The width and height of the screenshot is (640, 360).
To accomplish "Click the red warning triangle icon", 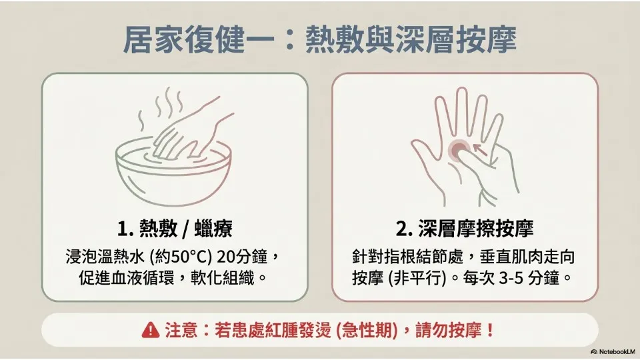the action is click(150, 330).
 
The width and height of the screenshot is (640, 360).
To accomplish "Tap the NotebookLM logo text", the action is click(613, 351).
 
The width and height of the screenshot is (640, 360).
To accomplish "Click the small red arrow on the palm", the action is click(481, 149).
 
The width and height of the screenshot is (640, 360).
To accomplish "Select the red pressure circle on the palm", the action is click(459, 150).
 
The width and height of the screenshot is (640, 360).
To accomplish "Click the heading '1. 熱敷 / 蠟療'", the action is click(175, 229).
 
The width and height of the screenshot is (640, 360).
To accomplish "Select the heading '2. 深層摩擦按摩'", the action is click(465, 229).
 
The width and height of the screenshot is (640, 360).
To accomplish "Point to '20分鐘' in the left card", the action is click(242, 257).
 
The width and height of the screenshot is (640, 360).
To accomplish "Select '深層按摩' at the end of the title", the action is click(457, 40).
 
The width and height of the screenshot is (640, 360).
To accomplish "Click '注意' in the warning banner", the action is click(181, 330).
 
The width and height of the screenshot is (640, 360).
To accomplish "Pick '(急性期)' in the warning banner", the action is click(367, 330).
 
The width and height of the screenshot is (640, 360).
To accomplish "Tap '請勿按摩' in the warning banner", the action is click(449, 330).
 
